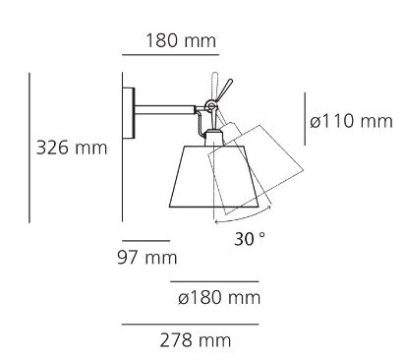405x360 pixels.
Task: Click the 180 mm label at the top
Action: click(x=181, y=41)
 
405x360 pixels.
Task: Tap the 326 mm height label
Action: click(x=72, y=148)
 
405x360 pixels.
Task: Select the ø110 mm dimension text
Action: click(x=351, y=121)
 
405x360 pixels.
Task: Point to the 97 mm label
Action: click(x=147, y=258)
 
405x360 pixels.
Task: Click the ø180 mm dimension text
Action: click(x=219, y=298)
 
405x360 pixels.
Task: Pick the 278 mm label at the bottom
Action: click(x=196, y=340)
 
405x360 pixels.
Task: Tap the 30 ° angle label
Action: click(x=250, y=239)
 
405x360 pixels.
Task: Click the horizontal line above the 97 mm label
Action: click(x=146, y=241)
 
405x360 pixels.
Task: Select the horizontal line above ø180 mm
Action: click(x=214, y=281)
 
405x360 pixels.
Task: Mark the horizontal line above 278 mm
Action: click(x=191, y=325)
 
